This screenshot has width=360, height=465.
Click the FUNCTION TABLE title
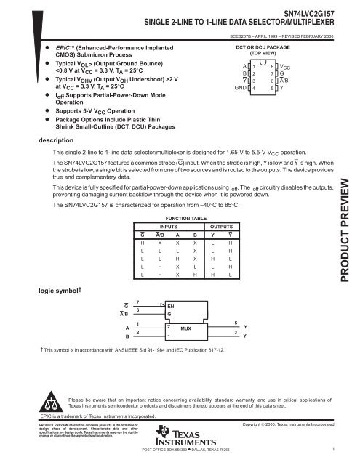(x=182, y=217)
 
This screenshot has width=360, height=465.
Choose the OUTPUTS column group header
(x=221, y=226)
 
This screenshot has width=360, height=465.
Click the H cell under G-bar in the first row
(x=143, y=244)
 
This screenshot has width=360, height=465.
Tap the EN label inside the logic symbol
(x=171, y=307)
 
